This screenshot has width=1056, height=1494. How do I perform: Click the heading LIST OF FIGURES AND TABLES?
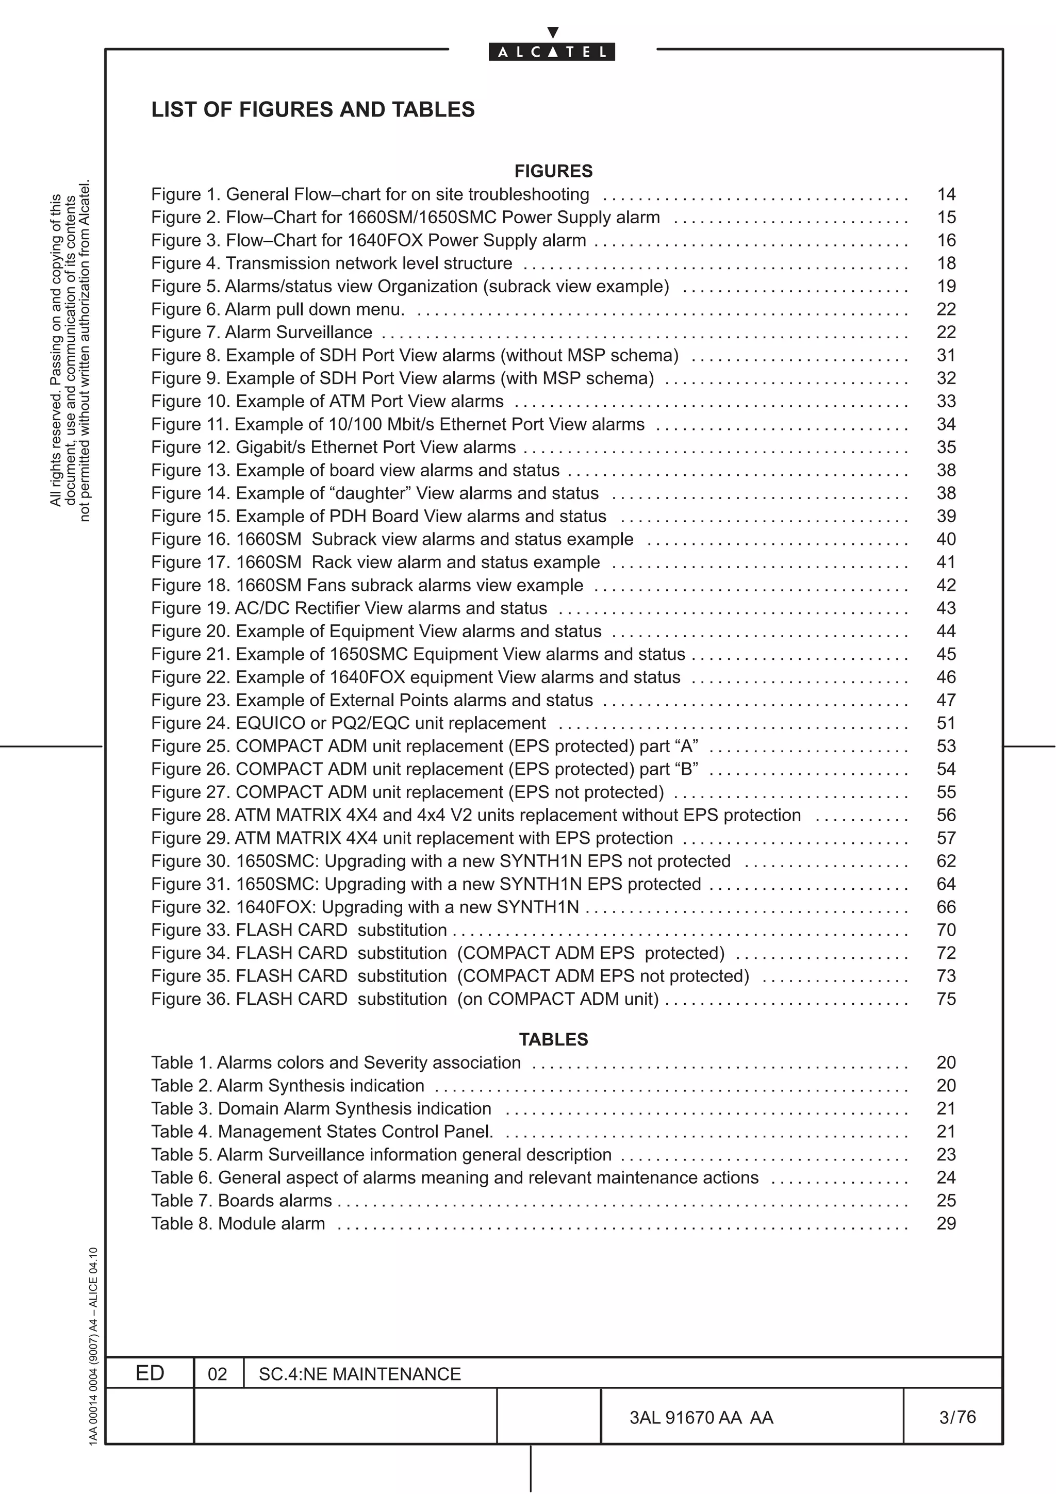[313, 109]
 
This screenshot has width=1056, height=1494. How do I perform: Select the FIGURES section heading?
[553, 171]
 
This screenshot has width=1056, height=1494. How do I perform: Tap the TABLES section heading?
[553, 1039]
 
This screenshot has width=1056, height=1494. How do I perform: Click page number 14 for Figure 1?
[946, 194]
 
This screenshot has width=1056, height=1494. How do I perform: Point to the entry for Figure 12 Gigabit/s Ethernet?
[333, 447]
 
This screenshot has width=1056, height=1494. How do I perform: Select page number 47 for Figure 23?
[946, 700]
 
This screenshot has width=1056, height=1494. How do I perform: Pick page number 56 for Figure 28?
[946, 816]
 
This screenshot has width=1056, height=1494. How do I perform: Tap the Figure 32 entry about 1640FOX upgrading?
[365, 907]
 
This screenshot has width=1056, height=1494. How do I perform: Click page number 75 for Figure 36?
[946, 999]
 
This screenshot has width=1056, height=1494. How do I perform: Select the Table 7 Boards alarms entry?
[241, 1201]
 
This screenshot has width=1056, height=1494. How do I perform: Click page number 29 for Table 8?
[946, 1223]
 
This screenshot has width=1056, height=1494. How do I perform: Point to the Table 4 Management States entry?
[322, 1132]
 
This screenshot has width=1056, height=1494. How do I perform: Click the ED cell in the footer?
[150, 1373]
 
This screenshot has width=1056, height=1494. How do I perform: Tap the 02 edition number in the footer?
[217, 1374]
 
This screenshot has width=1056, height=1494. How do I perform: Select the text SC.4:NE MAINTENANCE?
[360, 1374]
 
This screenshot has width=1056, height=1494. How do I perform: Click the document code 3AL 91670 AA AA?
[701, 1418]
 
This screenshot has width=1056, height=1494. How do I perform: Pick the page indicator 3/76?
[957, 1417]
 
